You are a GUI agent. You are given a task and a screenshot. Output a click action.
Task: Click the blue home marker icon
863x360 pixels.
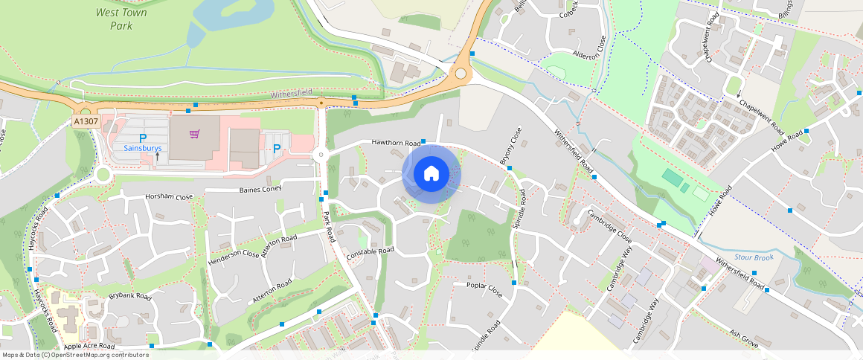tap(431, 174)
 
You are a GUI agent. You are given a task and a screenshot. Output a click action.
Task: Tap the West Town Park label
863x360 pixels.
tap(121, 19)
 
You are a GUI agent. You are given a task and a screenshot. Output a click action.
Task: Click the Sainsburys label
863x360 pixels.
tap(143, 148)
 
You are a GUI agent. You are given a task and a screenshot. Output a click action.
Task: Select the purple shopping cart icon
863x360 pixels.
tap(195, 134)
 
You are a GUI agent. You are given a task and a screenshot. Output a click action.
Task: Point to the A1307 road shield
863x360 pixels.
tap(86, 120)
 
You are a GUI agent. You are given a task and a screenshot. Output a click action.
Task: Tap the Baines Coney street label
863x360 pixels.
tap(260, 190)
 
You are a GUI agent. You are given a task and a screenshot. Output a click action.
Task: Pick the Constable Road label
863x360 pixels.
tap(370, 251)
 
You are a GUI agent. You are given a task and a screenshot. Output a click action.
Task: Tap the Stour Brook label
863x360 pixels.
tap(754, 258)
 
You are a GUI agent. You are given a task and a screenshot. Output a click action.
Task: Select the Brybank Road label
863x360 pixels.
tap(129, 296)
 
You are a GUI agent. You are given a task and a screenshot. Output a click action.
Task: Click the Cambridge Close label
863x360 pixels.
tap(609, 226)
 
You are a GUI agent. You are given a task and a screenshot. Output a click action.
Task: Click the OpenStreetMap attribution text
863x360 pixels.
tap(76, 355)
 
